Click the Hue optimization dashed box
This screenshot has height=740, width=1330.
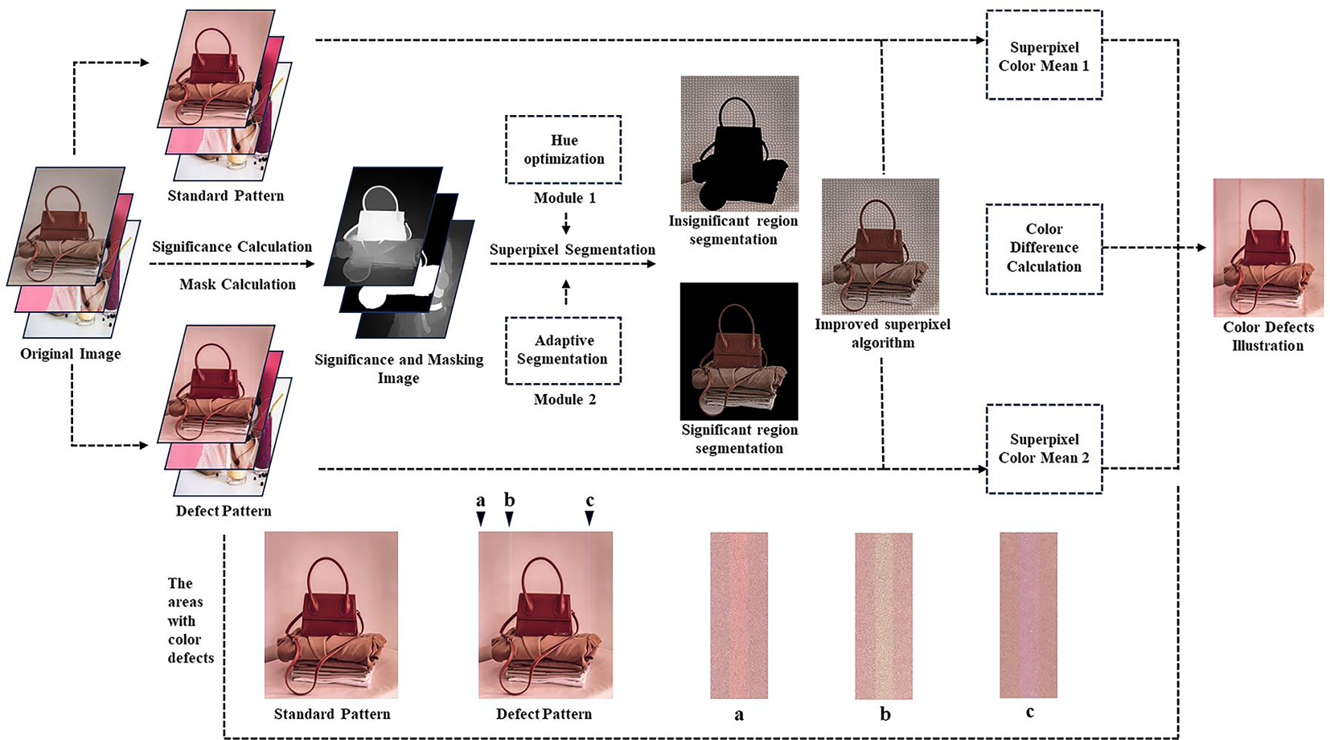coord(563,150)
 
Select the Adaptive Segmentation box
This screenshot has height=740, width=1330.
coord(563,350)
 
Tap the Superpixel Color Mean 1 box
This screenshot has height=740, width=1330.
coord(1044,55)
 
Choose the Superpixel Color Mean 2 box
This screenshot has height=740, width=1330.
coord(1044,449)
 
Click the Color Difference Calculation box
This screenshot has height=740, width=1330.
coord(1044,248)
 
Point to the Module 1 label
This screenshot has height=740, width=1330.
coord(564,198)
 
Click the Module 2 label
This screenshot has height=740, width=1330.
coord(564,399)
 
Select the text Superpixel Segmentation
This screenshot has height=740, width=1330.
coord(572,250)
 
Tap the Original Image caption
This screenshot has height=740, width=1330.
coord(71,354)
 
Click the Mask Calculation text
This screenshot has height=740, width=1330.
coord(237,284)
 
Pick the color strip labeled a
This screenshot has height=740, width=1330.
coord(739,615)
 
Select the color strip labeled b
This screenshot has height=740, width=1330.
coord(884,615)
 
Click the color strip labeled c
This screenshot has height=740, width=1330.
coord(1028,615)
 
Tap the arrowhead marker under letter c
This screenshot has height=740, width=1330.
coord(589,519)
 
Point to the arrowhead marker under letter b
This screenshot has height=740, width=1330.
coord(509,519)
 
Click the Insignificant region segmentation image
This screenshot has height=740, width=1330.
coord(739,143)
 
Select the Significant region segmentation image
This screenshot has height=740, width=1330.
coord(739,351)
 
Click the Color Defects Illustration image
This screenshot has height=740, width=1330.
coord(1268,247)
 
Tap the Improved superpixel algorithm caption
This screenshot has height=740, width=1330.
coord(882,333)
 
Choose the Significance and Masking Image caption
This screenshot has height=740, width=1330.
coord(399,368)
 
